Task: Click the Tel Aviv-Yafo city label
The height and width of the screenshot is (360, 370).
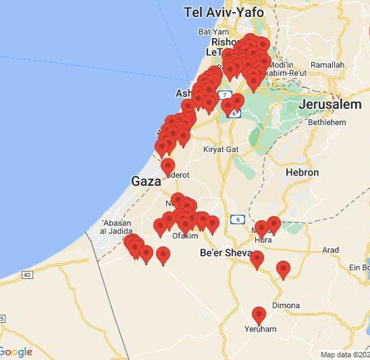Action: [x=223, y=12]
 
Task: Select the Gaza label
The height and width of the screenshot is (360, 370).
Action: [x=146, y=181]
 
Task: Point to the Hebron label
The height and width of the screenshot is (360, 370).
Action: [x=302, y=173]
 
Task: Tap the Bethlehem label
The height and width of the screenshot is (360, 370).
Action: [x=327, y=122]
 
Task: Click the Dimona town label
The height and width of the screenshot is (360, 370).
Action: [x=286, y=305]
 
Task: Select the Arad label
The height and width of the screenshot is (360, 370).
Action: [x=330, y=250]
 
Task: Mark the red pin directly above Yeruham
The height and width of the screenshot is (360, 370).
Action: [x=259, y=315]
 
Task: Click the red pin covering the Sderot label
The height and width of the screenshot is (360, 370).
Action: [x=167, y=167]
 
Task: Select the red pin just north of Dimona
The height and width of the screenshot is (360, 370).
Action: [x=283, y=269]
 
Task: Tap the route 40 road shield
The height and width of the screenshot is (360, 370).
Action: [x=27, y=274]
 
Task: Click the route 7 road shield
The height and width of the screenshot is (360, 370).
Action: [x=225, y=95]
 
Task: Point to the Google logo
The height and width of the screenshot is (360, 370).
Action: [x=16, y=352]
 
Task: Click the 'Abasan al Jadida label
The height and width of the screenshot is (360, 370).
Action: [x=120, y=227]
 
